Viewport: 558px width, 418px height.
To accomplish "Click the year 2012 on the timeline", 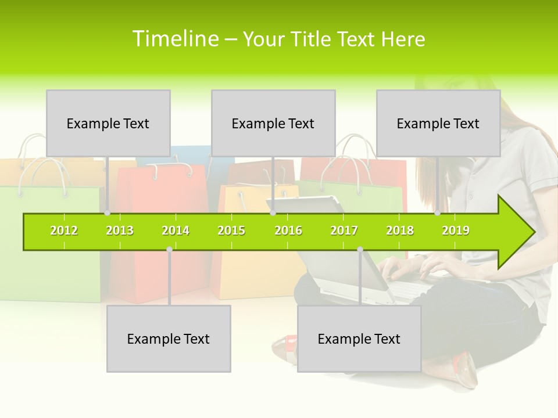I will point(64,230).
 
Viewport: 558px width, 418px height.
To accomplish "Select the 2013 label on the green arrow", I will point(120,230).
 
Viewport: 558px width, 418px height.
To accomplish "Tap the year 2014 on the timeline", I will point(176,230).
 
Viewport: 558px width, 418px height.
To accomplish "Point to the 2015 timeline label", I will point(231,230).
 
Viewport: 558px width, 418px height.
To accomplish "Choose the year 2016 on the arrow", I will point(288,230).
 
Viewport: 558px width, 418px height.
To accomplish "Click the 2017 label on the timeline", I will point(344,230).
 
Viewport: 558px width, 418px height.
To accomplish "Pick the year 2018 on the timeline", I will point(400,230).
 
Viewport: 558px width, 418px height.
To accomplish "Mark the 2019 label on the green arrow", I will point(456,230).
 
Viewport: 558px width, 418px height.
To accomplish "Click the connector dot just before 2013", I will point(107,213).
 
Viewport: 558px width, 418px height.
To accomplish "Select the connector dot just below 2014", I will point(169,249).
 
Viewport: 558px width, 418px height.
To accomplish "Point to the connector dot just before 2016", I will point(273,213).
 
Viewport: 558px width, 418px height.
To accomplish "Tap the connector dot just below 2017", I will point(360,249).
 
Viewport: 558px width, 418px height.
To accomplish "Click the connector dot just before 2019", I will point(437,213).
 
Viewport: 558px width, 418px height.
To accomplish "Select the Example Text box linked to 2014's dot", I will point(169,338).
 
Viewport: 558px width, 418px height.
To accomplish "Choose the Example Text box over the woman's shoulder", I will point(438,123).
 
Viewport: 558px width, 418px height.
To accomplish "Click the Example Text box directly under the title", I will point(273,123).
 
